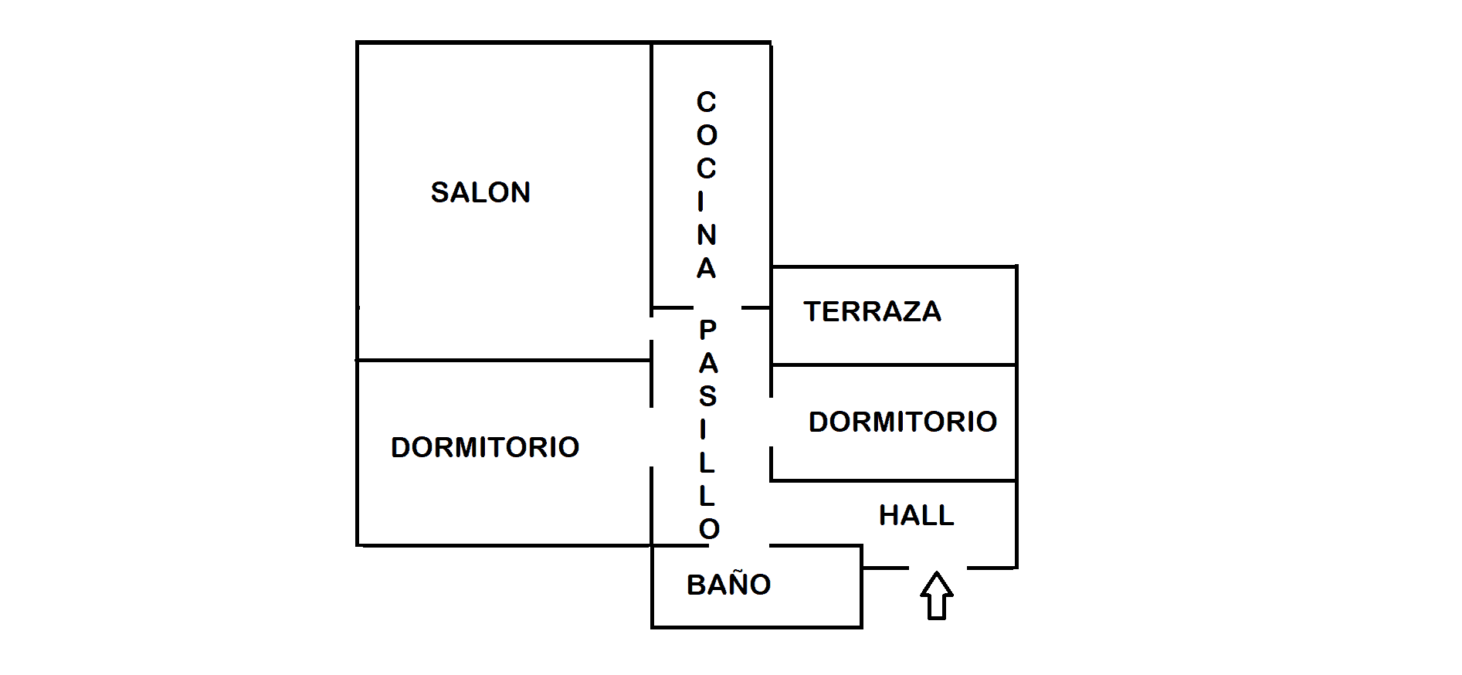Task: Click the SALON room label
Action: (480, 192)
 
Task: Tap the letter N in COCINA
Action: (707, 235)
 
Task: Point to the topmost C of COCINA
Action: (707, 102)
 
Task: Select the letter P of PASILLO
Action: (707, 330)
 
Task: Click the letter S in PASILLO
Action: (707, 396)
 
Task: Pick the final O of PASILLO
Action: (709, 529)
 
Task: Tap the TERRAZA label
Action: (872, 311)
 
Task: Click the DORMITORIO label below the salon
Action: (485, 447)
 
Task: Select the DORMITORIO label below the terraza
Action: (902, 422)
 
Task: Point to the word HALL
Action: (916, 515)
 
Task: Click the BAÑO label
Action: (728, 585)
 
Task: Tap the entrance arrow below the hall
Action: (936, 595)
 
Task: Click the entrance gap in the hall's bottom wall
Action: (938, 568)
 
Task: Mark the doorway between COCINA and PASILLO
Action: (717, 308)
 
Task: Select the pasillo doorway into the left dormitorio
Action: (652, 436)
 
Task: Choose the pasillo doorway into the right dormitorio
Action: (771, 422)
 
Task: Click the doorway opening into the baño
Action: (739, 545)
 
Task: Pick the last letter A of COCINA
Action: (707, 268)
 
